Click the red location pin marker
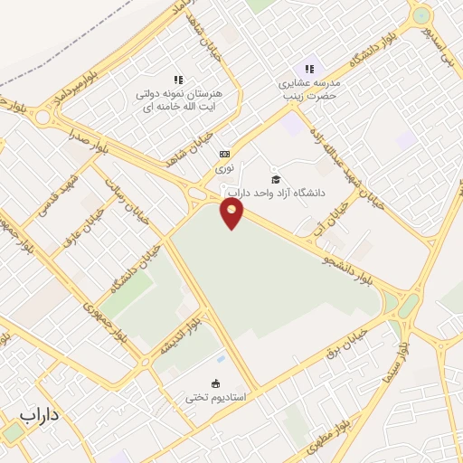coord(232,213)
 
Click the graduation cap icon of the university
coord(276,179)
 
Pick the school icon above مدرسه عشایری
coord(310,69)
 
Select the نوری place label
coord(223,168)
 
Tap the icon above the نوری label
coord(223,153)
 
